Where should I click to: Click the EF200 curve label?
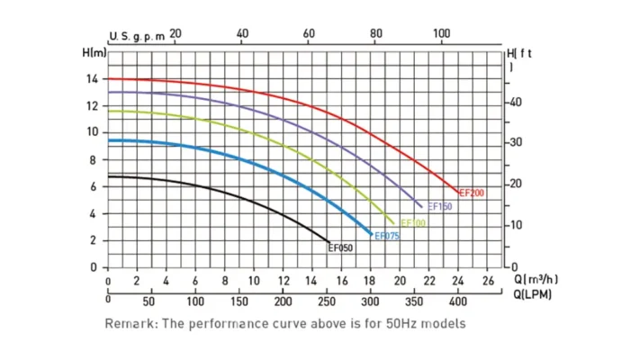coord(473,193)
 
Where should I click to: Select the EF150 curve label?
coord(439,207)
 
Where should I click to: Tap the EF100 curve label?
coord(412,223)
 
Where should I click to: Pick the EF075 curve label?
coord(387,237)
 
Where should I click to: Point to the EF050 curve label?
coord(341,248)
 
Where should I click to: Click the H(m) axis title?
coord(95,53)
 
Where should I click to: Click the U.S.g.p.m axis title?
coord(138,36)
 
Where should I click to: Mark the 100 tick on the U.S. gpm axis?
coord(441,33)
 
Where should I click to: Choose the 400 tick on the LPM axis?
coord(458,301)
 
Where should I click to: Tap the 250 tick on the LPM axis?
coord(327,301)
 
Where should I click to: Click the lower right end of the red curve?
coord(457,192)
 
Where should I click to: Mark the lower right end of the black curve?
coord(329,242)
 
